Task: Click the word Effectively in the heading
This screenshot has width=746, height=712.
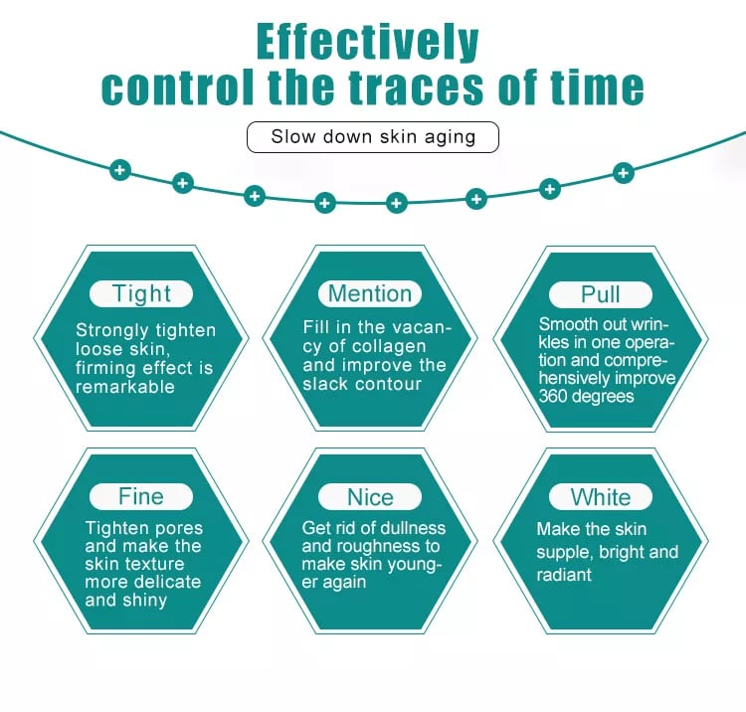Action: (x=367, y=42)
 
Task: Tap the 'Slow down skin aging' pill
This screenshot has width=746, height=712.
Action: (x=372, y=136)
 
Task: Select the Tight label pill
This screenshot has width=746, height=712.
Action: (x=142, y=293)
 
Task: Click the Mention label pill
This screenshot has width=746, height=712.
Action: (x=370, y=293)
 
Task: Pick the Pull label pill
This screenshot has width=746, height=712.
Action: (x=601, y=293)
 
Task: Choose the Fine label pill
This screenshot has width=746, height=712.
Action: (x=140, y=496)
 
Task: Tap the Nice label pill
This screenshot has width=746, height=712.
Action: (x=370, y=497)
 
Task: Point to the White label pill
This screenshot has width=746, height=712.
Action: (x=601, y=497)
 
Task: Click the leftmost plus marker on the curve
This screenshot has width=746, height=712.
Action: (x=120, y=170)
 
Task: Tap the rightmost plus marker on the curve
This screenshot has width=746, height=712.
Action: (x=624, y=173)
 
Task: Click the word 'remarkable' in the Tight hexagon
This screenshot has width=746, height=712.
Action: (x=125, y=387)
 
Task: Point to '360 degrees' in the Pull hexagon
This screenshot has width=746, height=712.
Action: (x=587, y=396)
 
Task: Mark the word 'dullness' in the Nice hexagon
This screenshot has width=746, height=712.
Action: (x=410, y=528)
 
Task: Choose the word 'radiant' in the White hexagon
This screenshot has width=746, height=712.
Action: (x=564, y=575)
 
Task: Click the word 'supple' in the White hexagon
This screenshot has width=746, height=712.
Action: (x=564, y=552)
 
